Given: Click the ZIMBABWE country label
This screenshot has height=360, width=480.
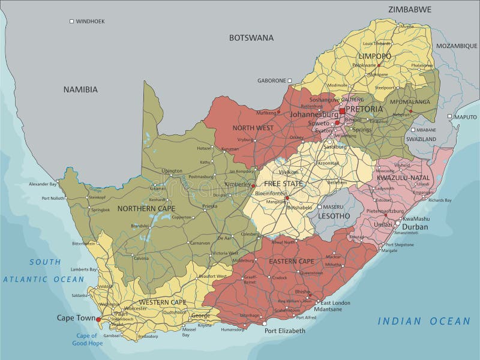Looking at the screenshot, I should [x=410, y=10].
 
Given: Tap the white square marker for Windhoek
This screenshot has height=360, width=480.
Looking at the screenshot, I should [x=71, y=21].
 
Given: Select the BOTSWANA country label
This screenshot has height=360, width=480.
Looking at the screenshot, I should [x=251, y=38].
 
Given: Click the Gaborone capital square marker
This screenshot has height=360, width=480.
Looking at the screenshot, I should [x=289, y=80].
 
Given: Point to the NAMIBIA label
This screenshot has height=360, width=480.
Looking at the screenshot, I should [x=80, y=89].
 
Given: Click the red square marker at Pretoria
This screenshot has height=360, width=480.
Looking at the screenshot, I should [x=342, y=111].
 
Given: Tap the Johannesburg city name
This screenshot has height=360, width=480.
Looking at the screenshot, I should [x=314, y=114].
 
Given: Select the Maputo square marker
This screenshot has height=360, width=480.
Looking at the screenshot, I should [x=449, y=117].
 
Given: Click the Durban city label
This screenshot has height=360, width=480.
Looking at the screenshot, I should [x=415, y=227].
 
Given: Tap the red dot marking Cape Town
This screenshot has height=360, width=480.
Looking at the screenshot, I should [x=98, y=320].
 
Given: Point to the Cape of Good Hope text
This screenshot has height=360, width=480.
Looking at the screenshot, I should [x=88, y=340].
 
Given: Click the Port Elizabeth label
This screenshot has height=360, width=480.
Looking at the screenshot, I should [x=285, y=331].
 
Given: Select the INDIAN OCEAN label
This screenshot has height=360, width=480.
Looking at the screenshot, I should [x=424, y=322].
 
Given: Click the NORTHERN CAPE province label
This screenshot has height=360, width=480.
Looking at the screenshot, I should [x=146, y=209].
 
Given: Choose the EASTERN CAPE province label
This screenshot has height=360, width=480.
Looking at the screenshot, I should [x=291, y=262].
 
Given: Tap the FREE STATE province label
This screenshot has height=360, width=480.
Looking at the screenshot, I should [x=284, y=184].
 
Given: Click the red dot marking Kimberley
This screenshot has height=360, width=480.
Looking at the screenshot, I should [x=253, y=185].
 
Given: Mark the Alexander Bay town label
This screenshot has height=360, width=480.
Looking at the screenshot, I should [x=42, y=184].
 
